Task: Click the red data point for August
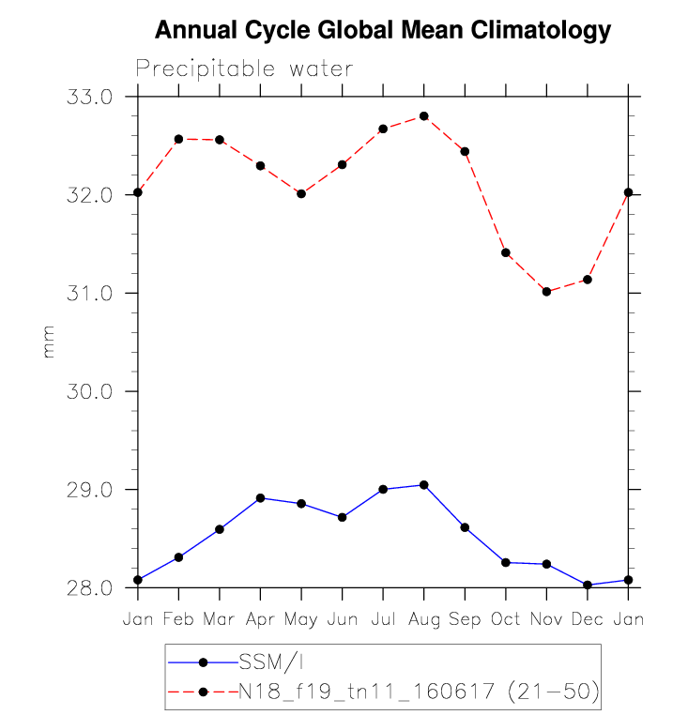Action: pos(424,116)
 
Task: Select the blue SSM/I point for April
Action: pos(261,498)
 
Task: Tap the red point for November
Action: pos(546,292)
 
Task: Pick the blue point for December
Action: pos(588,585)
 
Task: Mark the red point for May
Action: pos(301,194)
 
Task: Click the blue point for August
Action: pos(424,485)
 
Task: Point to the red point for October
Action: pos(506,252)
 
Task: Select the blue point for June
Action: pos(343,517)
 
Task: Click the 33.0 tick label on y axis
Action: pos(89,97)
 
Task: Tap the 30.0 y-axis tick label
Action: pos(89,391)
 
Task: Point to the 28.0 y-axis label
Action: pos(89,587)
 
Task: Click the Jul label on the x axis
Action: pos(383,618)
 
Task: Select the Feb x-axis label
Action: pos(178,618)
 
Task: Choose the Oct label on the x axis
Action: pos(506,618)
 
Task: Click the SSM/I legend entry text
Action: pos(271,662)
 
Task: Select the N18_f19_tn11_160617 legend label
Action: pos(366,692)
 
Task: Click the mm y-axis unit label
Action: pos(49,342)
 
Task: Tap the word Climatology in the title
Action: pos(541,31)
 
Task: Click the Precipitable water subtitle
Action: pos(245,68)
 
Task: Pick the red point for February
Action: pos(178,139)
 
